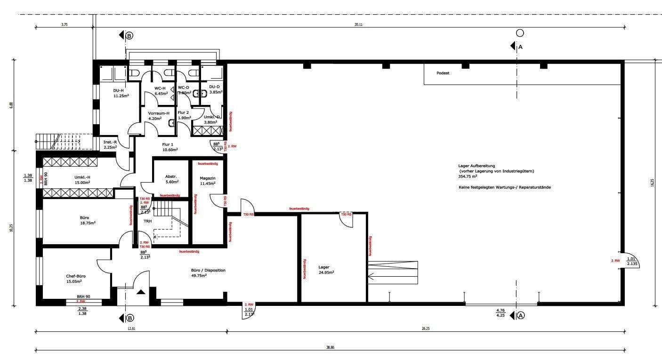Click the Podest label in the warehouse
coord(443,73)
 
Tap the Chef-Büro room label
coord(76,276)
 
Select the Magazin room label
coord(207,178)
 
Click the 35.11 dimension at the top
coord(358,24)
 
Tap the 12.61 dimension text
coord(131,328)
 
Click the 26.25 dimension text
coord(425,328)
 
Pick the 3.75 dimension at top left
coord(65,24)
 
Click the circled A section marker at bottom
coord(520,316)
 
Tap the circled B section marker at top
coord(129,35)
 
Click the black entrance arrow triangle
coord(141,292)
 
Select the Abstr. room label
coord(171,176)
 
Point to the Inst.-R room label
coord(110,142)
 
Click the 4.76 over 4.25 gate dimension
coord(500,313)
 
